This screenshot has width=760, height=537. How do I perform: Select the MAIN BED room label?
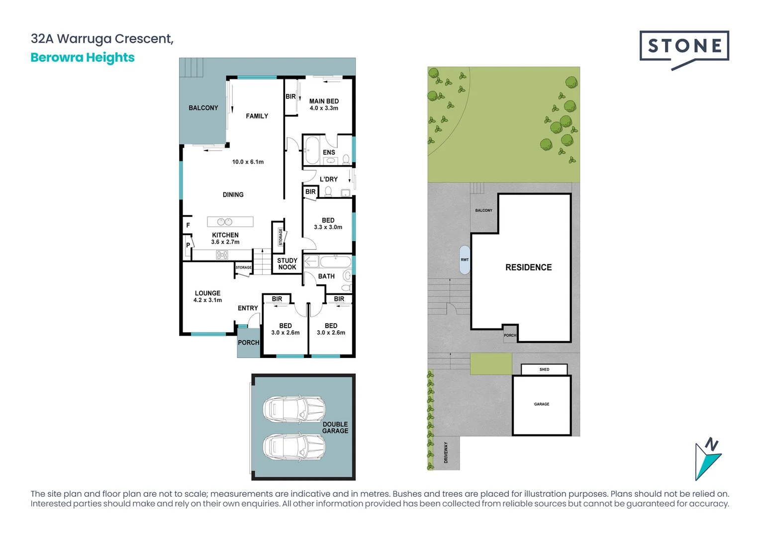point(324,101)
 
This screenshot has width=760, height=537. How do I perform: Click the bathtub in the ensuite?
point(312,151)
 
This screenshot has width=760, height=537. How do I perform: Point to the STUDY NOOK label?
point(287,264)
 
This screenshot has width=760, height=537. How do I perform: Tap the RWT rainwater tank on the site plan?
point(465,260)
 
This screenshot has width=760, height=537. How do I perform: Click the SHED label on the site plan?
point(544,369)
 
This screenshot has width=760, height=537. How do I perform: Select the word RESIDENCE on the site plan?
point(528,268)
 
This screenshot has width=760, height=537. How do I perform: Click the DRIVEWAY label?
point(446,452)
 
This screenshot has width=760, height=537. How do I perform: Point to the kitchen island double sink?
point(225,222)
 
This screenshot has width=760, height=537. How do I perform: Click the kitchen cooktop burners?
point(222,255)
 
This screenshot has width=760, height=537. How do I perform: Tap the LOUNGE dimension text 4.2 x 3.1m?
point(208,300)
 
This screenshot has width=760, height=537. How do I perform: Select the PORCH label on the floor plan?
point(248,343)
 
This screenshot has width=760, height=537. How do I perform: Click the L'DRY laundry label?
point(328,179)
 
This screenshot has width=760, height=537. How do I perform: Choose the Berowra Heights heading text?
point(83,58)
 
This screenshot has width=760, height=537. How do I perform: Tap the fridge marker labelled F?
point(188,225)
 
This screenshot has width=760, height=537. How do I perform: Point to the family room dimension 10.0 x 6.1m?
point(248,162)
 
